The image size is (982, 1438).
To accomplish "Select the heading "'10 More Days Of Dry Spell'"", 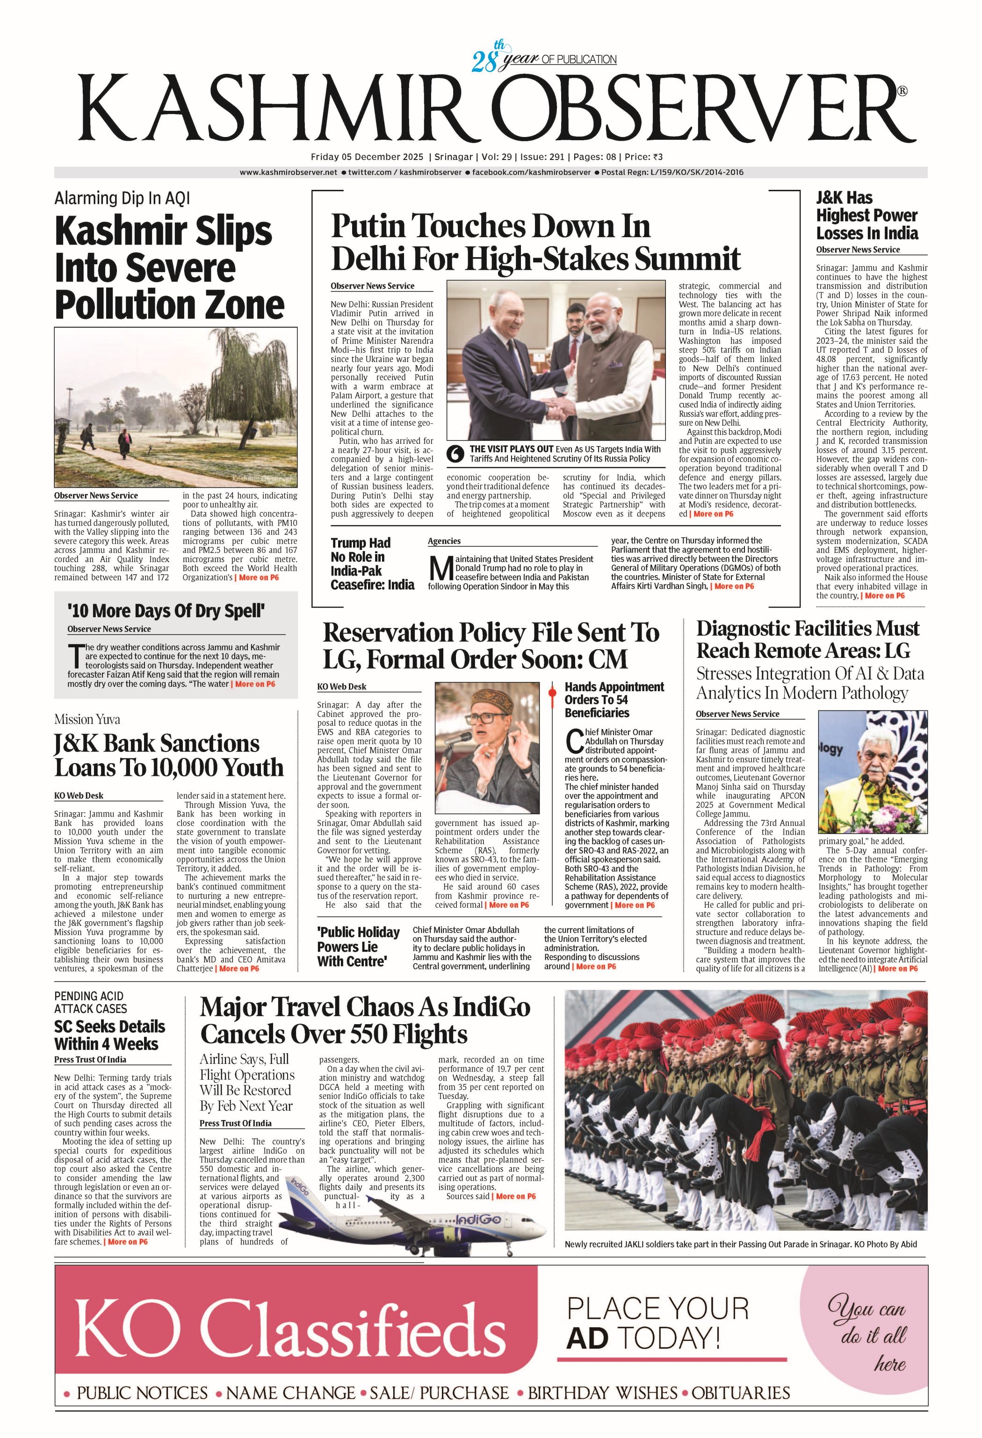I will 166,611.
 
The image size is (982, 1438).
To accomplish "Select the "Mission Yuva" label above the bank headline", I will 87,719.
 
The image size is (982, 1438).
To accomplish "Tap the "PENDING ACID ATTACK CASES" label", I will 90,1002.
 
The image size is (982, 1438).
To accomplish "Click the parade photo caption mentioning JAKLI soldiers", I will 740,1244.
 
